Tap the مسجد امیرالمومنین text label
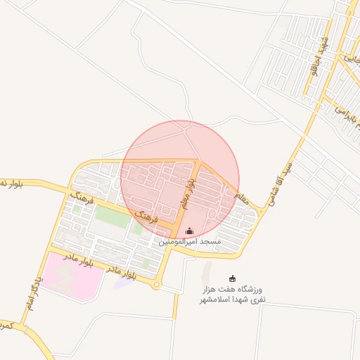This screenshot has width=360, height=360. (190, 242)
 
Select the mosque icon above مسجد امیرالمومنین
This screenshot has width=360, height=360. (189, 231)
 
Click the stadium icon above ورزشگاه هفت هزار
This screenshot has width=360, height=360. (233, 279)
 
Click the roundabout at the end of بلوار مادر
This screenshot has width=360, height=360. (156, 285)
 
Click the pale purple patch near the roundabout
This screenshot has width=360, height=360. (124, 283)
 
